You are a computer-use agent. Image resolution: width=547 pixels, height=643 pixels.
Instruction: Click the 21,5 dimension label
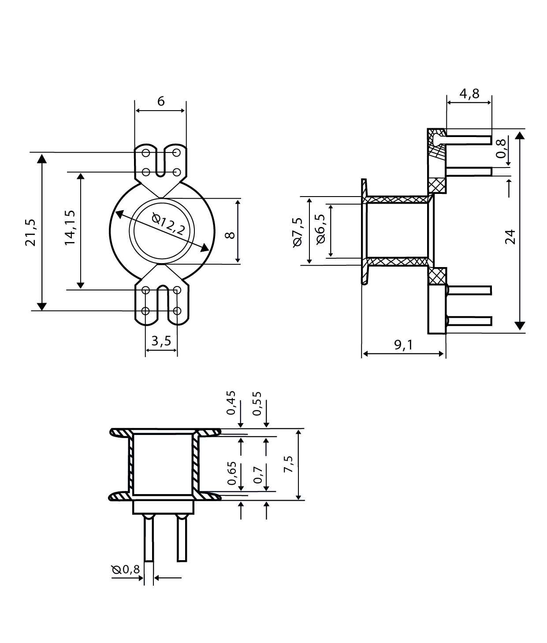pos(30,233)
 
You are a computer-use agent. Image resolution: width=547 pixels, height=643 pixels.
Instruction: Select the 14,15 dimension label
pos(70,228)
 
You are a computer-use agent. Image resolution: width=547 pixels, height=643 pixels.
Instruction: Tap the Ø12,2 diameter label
pos(169,224)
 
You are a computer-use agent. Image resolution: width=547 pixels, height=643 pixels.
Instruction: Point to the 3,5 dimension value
pos(161,341)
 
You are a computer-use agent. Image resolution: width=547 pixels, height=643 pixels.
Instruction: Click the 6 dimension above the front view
pos(161,101)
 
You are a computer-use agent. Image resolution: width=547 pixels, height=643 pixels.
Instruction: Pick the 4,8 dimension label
pos(469,93)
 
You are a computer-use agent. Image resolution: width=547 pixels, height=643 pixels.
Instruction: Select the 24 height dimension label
pos(510,237)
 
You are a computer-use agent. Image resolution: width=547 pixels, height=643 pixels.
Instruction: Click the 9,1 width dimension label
pos(403,345)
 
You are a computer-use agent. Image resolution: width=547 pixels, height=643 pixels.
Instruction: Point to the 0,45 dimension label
pos(231,403)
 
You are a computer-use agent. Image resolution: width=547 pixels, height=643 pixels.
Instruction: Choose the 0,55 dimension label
pos(257,403)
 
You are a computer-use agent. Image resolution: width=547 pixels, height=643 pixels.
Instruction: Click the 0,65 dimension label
pos(232,473)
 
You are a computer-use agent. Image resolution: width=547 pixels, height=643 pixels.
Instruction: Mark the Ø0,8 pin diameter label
pos(126,569)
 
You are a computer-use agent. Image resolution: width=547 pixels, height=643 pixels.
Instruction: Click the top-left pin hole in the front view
pos(146,153)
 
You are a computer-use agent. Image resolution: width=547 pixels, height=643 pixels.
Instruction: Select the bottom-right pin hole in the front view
pos(177,311)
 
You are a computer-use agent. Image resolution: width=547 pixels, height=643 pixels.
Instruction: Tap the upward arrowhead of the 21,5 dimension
pos(42,158)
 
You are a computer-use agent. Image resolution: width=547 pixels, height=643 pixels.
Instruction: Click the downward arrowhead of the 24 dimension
pos(520,326)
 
